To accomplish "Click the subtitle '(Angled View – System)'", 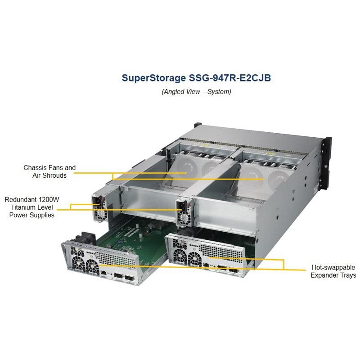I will [196, 92].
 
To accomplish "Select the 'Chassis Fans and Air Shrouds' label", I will [49, 171].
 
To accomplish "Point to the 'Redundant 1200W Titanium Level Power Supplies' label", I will [30, 207].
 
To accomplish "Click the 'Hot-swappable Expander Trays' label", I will [333, 270].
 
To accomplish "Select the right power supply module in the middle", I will [184, 211].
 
